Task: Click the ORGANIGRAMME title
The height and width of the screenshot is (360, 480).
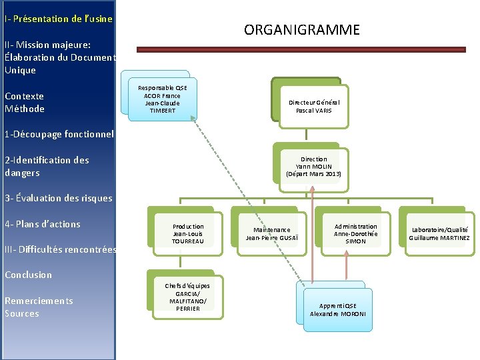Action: coord(301,30)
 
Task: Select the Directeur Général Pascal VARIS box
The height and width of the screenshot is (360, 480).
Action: coord(313,106)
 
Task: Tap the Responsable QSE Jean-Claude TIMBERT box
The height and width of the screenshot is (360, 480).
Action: coord(163,99)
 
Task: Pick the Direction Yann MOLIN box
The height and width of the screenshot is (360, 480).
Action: coord(313,167)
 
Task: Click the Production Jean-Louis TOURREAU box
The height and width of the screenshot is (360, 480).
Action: coord(188,233)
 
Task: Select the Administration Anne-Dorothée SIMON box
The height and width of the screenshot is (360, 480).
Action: coord(355,233)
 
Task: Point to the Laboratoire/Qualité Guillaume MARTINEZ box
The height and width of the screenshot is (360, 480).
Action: coord(439,233)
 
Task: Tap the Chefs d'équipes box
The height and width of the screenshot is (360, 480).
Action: coord(187,297)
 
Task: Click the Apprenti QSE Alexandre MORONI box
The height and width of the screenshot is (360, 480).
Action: coord(337,309)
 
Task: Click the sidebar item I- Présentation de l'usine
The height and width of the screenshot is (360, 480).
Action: coord(58,19)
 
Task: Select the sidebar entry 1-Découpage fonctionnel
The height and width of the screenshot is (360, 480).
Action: coord(59,134)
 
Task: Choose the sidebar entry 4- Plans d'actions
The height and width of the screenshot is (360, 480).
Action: coord(42,224)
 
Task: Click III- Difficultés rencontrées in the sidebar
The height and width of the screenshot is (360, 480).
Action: coord(60,249)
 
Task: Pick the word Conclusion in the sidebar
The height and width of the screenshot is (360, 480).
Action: coord(28,275)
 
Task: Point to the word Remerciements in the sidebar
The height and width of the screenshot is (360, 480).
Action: coord(39,301)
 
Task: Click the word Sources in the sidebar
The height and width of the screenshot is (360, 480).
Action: coord(22,313)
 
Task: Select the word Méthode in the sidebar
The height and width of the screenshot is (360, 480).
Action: coord(25,109)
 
